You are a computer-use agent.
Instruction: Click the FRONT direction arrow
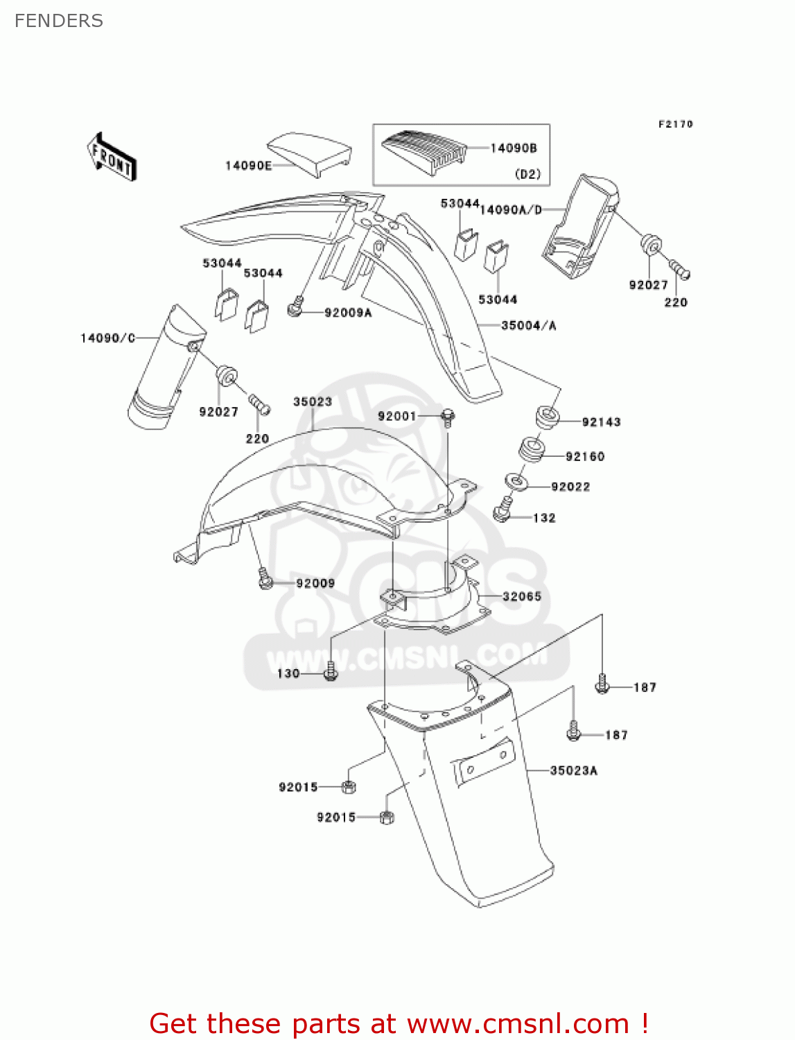[112, 157]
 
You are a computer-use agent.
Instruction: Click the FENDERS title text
[59, 21]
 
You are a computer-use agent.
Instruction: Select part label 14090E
[248, 166]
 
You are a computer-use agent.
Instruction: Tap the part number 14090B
[514, 148]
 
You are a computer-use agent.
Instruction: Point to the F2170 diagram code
[675, 124]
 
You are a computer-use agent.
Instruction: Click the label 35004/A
[529, 325]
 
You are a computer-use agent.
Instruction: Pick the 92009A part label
[348, 313]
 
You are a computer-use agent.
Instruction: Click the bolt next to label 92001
[448, 417]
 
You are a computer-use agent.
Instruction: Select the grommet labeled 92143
[547, 419]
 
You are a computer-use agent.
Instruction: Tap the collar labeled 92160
[532, 449]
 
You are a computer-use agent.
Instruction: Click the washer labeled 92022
[516, 480]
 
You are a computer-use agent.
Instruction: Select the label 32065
[522, 596]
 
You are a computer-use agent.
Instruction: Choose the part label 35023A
[573, 770]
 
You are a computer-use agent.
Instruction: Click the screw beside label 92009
[265, 580]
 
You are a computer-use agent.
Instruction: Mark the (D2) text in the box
[527, 174]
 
